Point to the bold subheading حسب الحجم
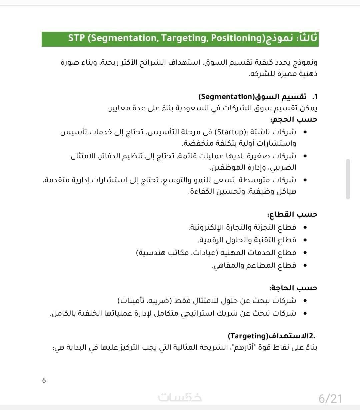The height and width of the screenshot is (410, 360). pyautogui.click(x=293, y=119)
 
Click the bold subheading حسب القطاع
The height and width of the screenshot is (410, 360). pyautogui.click(x=292, y=214)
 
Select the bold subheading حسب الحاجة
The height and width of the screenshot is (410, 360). pyautogui.click(x=293, y=288)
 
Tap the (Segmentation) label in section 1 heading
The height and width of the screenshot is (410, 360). pyautogui.click(x=226, y=97)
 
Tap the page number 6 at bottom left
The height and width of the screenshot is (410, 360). pyautogui.click(x=44, y=380)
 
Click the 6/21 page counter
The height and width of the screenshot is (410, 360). pyautogui.click(x=330, y=398)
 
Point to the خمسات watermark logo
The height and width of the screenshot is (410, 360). pyautogui.click(x=180, y=397)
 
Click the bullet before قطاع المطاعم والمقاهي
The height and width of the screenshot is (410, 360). pyautogui.click(x=303, y=266)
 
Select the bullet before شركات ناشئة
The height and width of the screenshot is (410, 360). pyautogui.click(x=303, y=132)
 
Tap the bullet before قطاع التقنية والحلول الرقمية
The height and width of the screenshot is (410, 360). pyautogui.click(x=303, y=240)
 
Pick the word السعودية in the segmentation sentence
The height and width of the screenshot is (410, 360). pyautogui.click(x=190, y=108)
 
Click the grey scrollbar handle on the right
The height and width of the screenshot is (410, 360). pyautogui.click(x=348, y=179)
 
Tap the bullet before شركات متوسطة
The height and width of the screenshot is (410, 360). pyautogui.click(x=303, y=180)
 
